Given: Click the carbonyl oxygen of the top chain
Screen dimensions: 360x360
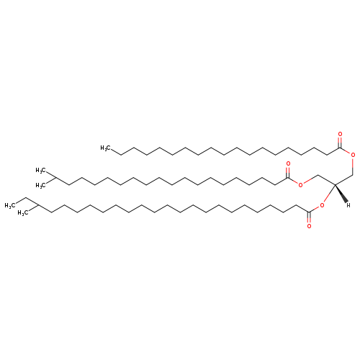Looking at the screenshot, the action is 340,134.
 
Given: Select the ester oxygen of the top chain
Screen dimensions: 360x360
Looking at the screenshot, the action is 353,155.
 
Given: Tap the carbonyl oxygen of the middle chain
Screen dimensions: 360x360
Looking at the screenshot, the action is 288,163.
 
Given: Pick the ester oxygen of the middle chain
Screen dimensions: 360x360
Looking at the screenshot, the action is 300,184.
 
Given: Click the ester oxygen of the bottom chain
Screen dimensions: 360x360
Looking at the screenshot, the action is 322,205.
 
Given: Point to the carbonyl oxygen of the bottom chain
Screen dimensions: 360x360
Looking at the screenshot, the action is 309,226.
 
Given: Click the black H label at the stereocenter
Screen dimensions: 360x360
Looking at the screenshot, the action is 348,205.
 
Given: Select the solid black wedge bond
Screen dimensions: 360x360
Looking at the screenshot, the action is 341,194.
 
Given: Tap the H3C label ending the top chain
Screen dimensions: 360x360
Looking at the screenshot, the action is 105,148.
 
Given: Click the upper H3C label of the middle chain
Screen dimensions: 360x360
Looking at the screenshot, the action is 40,171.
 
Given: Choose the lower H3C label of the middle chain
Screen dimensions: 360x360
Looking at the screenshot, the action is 40,185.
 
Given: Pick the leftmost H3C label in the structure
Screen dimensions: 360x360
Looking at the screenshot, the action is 9,205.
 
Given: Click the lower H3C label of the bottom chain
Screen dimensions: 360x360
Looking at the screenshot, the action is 22,213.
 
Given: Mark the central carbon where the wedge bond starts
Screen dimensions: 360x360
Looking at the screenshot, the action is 335,184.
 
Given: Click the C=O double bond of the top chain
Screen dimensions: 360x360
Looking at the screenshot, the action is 340,142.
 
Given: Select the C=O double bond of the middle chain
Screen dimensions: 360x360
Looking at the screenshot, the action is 288,172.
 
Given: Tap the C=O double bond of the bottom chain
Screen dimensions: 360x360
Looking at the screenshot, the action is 309,217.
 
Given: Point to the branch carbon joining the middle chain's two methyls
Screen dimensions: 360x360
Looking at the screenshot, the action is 56,177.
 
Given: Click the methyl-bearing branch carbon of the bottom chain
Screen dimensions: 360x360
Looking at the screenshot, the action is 38,205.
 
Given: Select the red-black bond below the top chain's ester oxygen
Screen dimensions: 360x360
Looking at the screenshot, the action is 353,166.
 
